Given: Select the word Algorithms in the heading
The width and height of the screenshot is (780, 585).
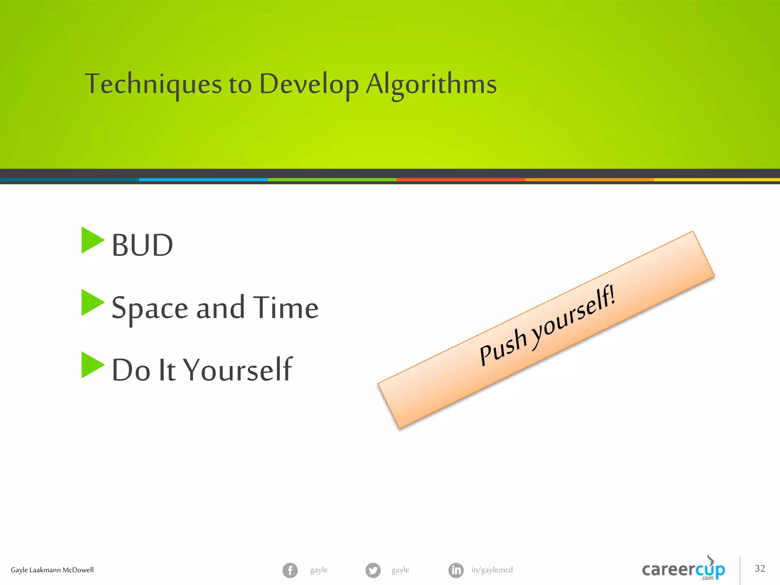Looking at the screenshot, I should click(x=431, y=84).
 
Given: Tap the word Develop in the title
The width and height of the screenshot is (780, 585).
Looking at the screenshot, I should click(x=308, y=84).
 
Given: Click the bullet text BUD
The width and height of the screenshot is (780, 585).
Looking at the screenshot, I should click(x=142, y=245).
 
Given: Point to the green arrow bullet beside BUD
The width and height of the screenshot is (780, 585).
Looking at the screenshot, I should click(x=92, y=240).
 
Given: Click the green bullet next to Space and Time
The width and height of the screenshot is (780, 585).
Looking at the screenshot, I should click(x=92, y=303).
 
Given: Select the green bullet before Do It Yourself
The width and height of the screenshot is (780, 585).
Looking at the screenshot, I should click(x=92, y=365).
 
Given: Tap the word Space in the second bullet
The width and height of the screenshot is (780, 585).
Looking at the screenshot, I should click(x=150, y=308).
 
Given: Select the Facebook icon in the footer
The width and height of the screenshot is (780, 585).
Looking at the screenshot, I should click(x=290, y=570).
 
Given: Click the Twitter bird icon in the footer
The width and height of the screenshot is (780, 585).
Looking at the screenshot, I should click(x=373, y=570).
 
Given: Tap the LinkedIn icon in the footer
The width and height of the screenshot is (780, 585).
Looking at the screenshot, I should click(x=456, y=570).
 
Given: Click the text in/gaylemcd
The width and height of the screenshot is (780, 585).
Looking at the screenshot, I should click(x=492, y=570).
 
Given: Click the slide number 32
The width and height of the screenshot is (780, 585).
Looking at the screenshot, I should click(x=759, y=569).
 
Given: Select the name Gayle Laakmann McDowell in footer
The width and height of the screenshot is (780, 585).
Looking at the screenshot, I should click(x=52, y=570).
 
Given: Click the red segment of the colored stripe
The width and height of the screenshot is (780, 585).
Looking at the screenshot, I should click(x=461, y=179).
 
